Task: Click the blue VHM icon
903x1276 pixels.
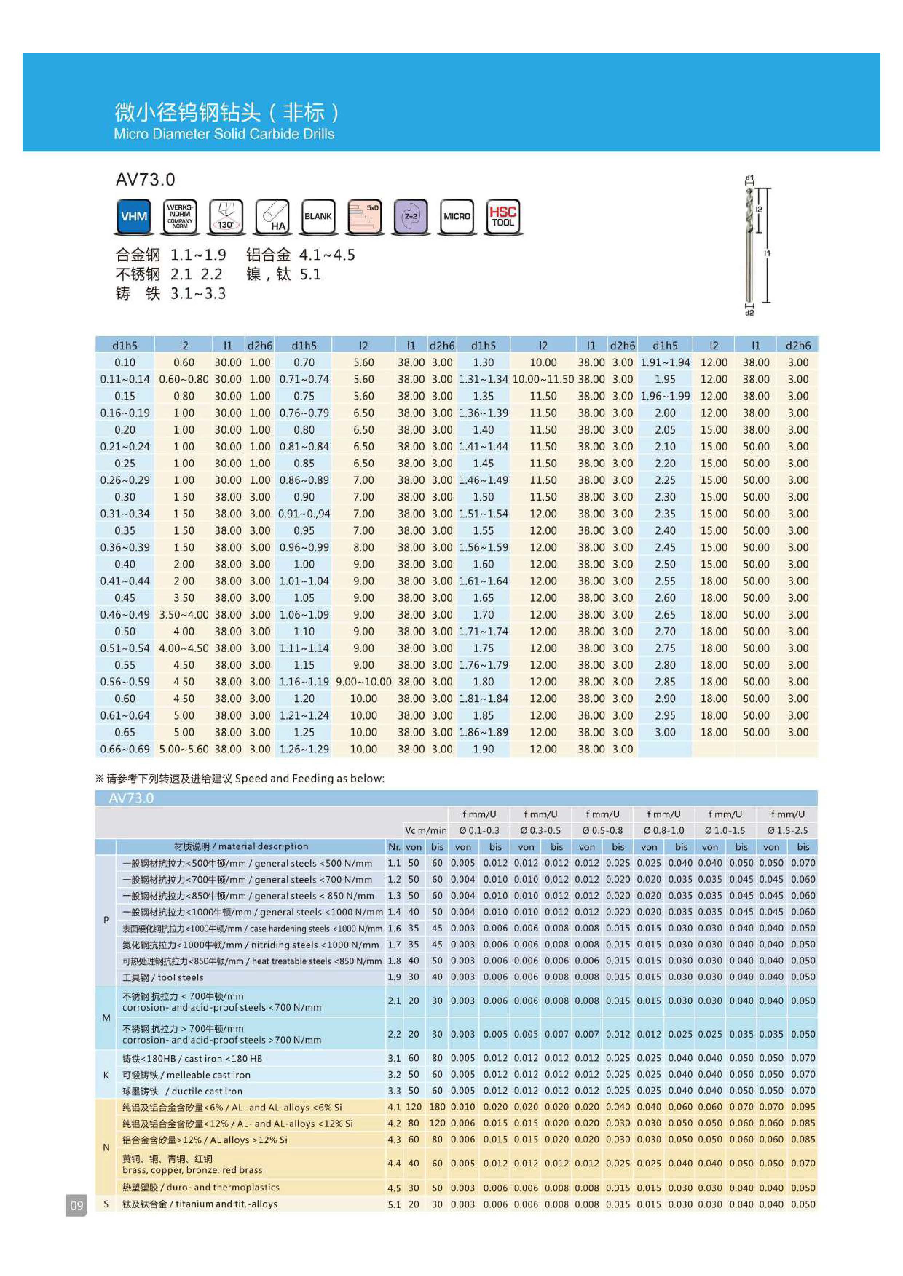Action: pos(134,216)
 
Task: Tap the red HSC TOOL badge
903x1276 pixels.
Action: pos(502,216)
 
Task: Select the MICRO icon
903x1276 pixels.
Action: pos(457,216)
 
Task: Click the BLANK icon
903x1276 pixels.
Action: pos(318,216)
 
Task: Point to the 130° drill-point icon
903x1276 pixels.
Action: pos(226,216)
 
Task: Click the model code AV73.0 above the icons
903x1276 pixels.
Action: pos(145,179)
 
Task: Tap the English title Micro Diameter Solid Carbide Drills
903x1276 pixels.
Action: pos(224,134)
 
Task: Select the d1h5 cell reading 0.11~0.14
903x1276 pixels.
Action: pos(125,379)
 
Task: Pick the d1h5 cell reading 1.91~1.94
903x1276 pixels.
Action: pos(665,362)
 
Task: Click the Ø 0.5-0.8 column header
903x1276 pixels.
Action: pos(602,830)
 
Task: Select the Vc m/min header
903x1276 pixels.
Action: pos(425,830)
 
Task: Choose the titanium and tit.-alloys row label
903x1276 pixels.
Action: pos(200,1204)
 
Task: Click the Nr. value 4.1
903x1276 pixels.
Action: pos(394,1106)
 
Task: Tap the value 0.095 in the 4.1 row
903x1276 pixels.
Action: pos(803,1106)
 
